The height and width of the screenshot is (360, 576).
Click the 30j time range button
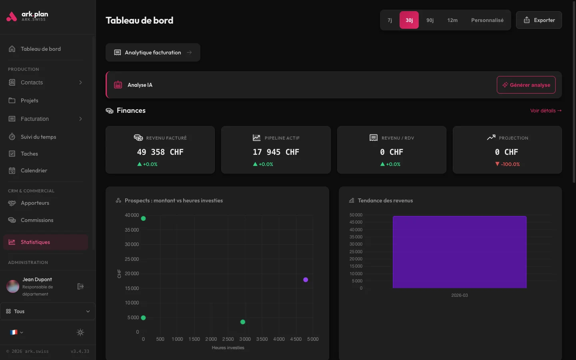point(409,20)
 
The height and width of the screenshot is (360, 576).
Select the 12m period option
point(452,20)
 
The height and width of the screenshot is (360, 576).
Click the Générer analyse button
point(526,85)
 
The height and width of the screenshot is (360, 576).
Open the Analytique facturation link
point(153,52)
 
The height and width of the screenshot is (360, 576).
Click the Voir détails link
point(546,111)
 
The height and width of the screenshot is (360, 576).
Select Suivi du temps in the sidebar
point(38,137)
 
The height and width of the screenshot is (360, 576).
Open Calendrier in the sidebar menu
point(34,170)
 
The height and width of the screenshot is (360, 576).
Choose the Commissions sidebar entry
point(37,220)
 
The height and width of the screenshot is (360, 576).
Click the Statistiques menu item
point(35,242)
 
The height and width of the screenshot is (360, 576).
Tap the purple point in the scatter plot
point(306,280)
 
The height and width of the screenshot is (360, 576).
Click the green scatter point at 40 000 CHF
point(143,218)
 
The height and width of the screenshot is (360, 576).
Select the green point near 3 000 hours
point(243,322)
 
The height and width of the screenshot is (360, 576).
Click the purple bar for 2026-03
point(460,252)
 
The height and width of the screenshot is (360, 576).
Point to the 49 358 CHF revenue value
point(160,152)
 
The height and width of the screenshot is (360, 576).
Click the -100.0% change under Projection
point(508,164)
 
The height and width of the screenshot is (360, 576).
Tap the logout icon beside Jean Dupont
point(80,286)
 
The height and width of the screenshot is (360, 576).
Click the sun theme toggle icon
point(80,332)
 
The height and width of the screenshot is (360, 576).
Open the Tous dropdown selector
point(48,311)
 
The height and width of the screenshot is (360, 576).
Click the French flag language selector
point(16,332)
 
